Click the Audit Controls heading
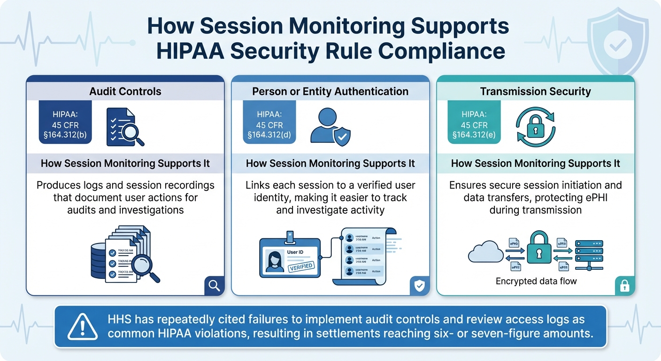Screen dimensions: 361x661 [x=125, y=91]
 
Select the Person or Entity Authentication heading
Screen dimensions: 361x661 [x=330, y=91]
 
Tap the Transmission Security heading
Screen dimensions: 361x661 [x=535, y=91]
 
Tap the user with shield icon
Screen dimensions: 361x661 [x=329, y=126]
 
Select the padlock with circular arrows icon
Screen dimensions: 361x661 [x=535, y=124]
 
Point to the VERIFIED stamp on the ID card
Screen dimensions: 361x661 [x=300, y=267]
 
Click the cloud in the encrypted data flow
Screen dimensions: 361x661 [x=485, y=253]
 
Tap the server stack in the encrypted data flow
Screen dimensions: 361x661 [x=589, y=254]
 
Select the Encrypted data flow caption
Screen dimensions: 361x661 [x=536, y=282]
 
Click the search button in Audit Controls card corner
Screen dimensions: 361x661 [x=214, y=286]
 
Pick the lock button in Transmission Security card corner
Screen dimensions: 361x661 [x=624, y=286]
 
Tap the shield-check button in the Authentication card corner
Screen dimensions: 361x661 [x=419, y=286]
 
